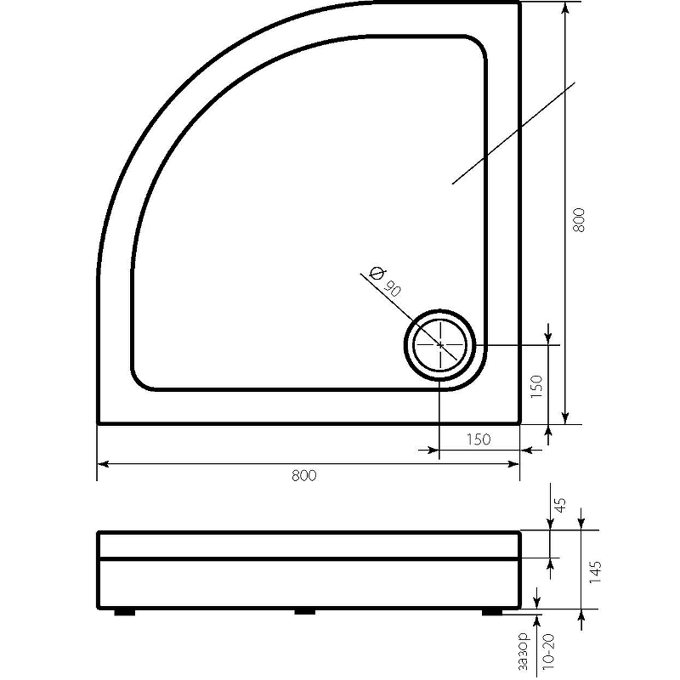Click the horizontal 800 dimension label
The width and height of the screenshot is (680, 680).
pyautogui.click(x=304, y=475)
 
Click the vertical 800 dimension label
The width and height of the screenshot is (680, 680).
pyautogui.click(x=579, y=220)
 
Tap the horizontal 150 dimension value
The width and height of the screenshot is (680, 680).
pyautogui.click(x=479, y=439)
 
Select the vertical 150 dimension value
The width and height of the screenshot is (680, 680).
pyautogui.click(x=536, y=387)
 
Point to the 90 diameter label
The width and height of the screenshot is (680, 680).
pyautogui.click(x=392, y=288)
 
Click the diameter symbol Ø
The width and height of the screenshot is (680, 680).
pyautogui.click(x=377, y=273)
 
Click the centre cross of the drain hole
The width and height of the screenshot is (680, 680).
pyautogui.click(x=440, y=345)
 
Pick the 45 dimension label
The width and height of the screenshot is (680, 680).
pyautogui.click(x=561, y=505)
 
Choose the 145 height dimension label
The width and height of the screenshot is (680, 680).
pyautogui.click(x=595, y=571)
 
